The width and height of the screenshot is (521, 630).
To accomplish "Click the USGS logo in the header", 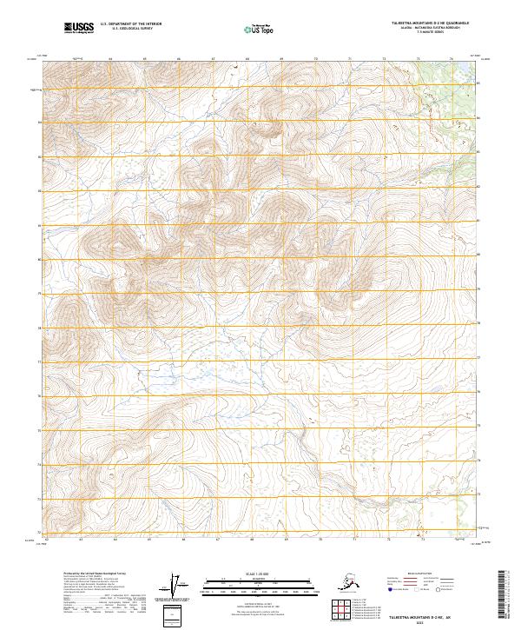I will click(77, 28).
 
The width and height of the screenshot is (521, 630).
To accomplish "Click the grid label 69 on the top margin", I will click(281, 59).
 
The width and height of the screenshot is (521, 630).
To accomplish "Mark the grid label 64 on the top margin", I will click(110, 59).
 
